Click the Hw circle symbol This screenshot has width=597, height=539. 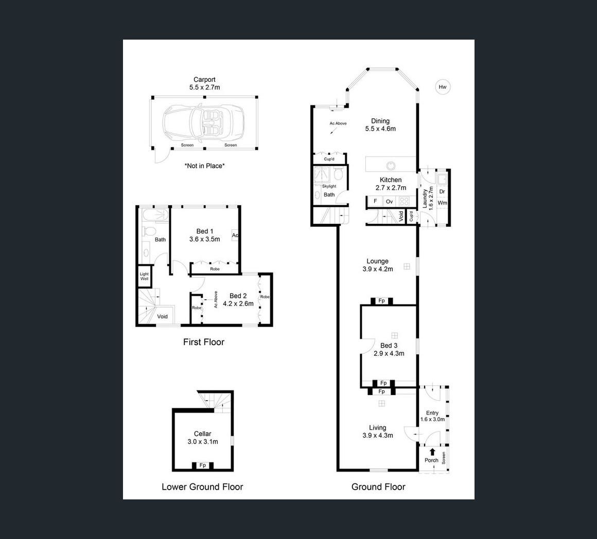pyautogui.click(x=443, y=87)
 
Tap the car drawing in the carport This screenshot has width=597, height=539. pyautogui.click(x=203, y=122)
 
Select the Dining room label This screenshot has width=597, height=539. pyautogui.click(x=380, y=125)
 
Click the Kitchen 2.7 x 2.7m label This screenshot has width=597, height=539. pyautogui.click(x=391, y=184)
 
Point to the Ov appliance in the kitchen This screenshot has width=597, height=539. pyautogui.click(x=389, y=202)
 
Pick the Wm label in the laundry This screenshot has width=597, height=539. pyautogui.click(x=442, y=203)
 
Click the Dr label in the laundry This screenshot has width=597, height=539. pyautogui.click(x=442, y=192)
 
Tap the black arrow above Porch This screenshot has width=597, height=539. pyautogui.click(x=432, y=452)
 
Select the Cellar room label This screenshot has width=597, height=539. pyautogui.click(x=203, y=438)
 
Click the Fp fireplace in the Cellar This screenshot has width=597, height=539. pyautogui.click(x=203, y=465)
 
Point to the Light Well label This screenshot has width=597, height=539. pyautogui.click(x=144, y=276)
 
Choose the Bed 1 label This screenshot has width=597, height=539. pyautogui.click(x=204, y=235)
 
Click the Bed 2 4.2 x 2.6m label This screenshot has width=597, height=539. pyautogui.click(x=238, y=300)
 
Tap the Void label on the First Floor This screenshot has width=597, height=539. pyautogui.click(x=163, y=316)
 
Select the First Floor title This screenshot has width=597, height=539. pyautogui.click(x=204, y=342)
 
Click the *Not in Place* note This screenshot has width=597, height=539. pyautogui.click(x=204, y=166)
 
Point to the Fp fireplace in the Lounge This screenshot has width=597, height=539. pyautogui.click(x=381, y=301)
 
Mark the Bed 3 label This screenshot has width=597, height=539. pyautogui.click(x=389, y=349)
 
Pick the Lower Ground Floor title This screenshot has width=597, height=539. pyautogui.click(x=202, y=487)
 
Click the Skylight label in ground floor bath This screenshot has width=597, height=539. pyautogui.click(x=329, y=186)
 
